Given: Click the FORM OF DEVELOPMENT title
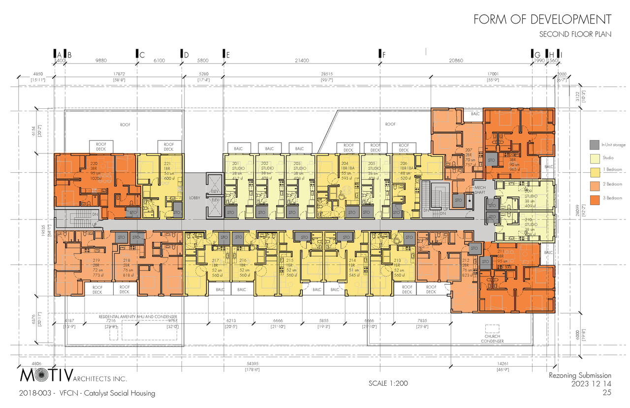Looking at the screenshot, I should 542,19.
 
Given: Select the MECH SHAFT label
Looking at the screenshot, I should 480,190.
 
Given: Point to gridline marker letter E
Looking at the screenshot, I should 227,55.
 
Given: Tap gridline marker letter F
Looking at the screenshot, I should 383,55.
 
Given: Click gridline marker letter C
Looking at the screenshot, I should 142,55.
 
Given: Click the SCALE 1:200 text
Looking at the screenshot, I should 388,383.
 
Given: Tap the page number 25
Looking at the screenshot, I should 606,393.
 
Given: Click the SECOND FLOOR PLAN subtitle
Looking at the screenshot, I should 575,34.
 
